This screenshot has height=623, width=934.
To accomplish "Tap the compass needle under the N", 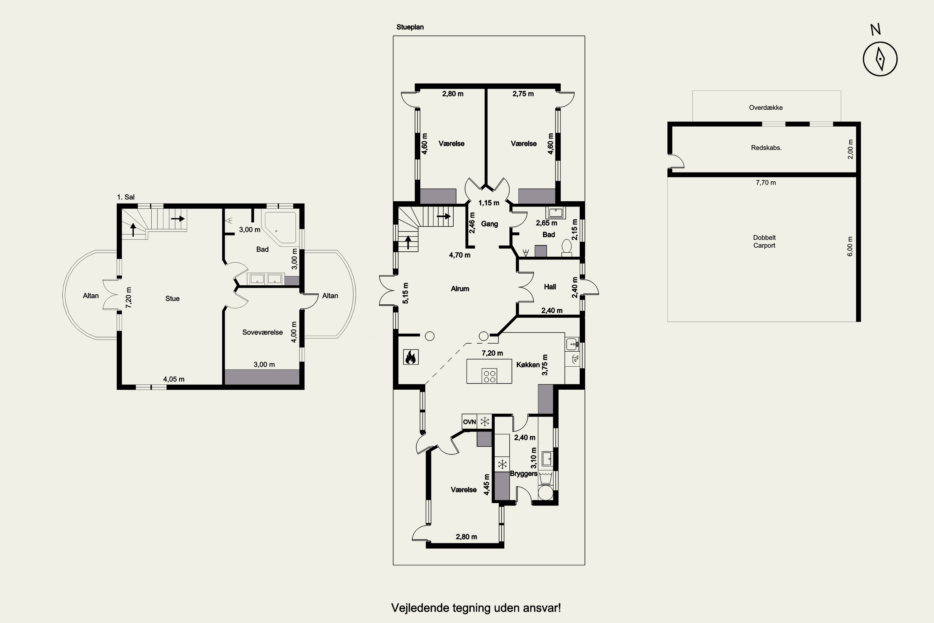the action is click(880, 59).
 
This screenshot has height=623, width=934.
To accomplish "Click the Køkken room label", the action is click(528, 365).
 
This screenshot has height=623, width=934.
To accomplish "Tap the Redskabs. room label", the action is click(766, 148).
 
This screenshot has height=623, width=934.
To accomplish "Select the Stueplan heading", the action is click(410, 27).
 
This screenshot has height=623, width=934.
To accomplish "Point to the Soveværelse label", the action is click(262, 332).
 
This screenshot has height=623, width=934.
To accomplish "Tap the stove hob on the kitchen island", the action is click(489, 376).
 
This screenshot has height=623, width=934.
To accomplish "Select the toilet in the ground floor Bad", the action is click(567, 247).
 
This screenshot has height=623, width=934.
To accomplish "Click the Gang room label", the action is click(489, 224).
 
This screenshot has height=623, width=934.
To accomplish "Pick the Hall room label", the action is click(550, 287).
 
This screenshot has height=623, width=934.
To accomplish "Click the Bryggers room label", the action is click(523, 473).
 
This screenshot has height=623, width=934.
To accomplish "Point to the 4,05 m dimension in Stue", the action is click(173, 379).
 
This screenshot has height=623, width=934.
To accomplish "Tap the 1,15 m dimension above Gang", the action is click(488, 203).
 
